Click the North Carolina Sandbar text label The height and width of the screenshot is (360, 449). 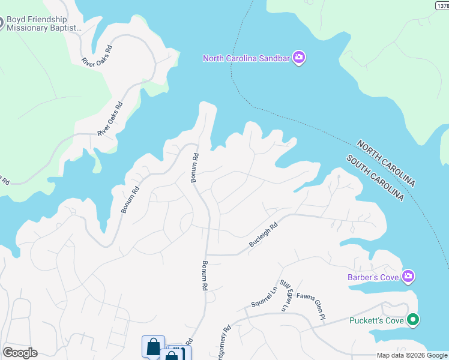[247, 58]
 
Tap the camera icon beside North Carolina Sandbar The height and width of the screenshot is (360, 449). [300, 58]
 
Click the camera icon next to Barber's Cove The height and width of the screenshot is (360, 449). [409, 276]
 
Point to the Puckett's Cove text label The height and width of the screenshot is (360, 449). [376, 320]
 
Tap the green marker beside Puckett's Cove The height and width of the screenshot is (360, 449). [412, 320]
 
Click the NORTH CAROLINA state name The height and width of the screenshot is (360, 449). [385, 163]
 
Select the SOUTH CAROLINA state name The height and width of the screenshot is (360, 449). [375, 178]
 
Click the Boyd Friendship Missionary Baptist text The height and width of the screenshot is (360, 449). [44, 23]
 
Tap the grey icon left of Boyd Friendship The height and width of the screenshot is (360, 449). [1, 23]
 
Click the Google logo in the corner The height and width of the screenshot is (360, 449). [20, 353]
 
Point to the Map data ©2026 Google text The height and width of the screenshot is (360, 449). [412, 355]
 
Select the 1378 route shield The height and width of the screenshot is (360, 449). [442, 4]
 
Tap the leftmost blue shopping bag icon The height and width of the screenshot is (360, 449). [153, 347]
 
